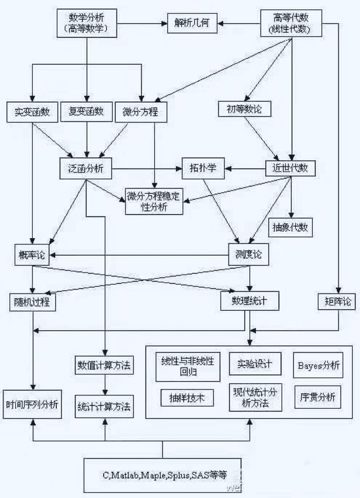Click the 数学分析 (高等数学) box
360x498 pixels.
86,23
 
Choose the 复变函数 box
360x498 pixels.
86,112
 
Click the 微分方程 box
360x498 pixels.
141,112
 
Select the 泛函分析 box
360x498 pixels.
86,168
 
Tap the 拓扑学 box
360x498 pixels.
203,167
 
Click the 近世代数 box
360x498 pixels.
290,167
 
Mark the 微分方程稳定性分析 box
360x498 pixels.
154,201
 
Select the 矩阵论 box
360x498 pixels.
336,301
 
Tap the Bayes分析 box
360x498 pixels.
318,365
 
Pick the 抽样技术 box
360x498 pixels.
187,398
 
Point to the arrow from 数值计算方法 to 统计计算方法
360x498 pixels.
104,386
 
